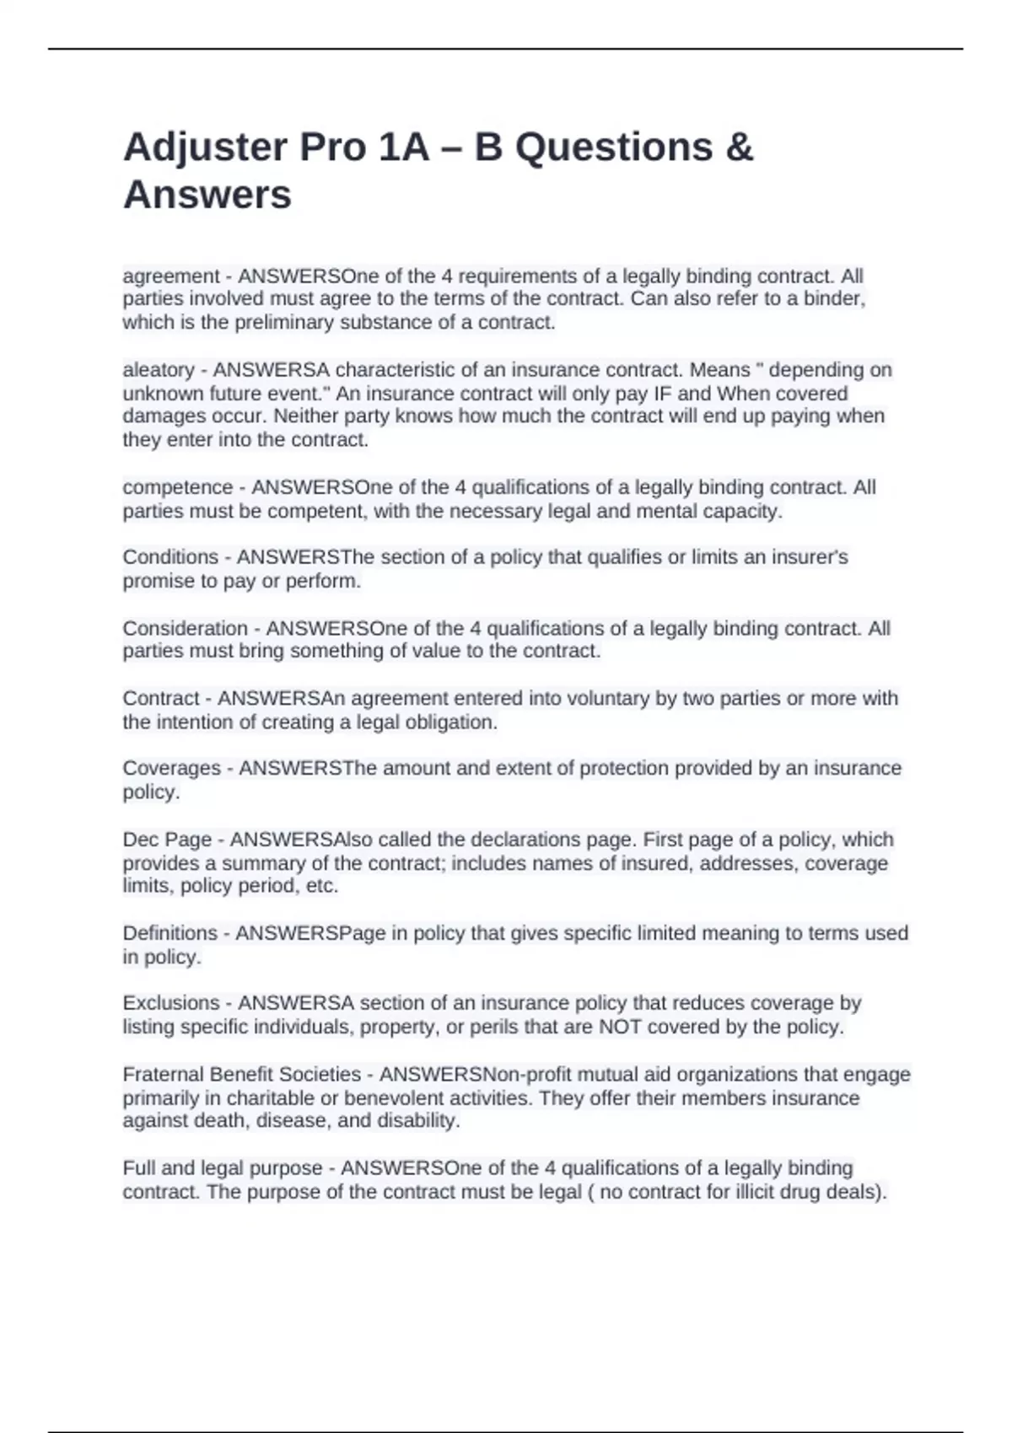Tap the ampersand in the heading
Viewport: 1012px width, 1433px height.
[738, 148]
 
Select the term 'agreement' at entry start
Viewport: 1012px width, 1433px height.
[170, 276]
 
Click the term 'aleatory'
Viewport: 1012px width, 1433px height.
[159, 370]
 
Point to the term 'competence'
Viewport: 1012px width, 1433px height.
[177, 488]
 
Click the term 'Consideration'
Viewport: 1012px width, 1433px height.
[185, 629]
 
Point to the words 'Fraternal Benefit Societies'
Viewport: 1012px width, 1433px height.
[241, 1075]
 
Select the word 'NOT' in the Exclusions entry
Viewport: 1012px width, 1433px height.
[620, 1027]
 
